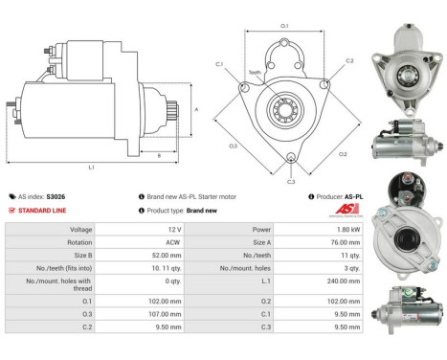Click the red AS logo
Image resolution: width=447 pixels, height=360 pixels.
350,209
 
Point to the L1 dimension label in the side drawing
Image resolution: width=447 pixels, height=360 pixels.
91,167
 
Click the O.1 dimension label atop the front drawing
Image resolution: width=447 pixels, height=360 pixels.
284,27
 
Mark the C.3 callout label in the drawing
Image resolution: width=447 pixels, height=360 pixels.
290,180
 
